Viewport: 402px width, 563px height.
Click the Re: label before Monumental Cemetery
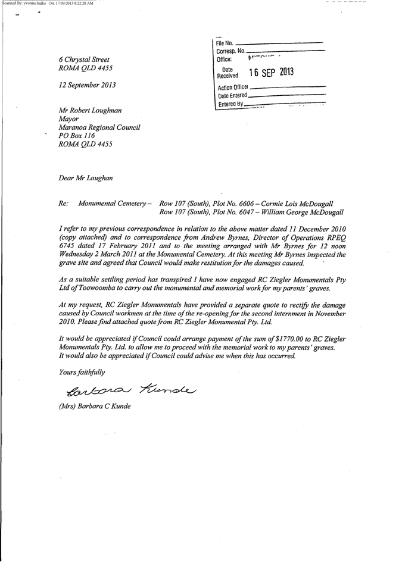click(64, 204)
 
